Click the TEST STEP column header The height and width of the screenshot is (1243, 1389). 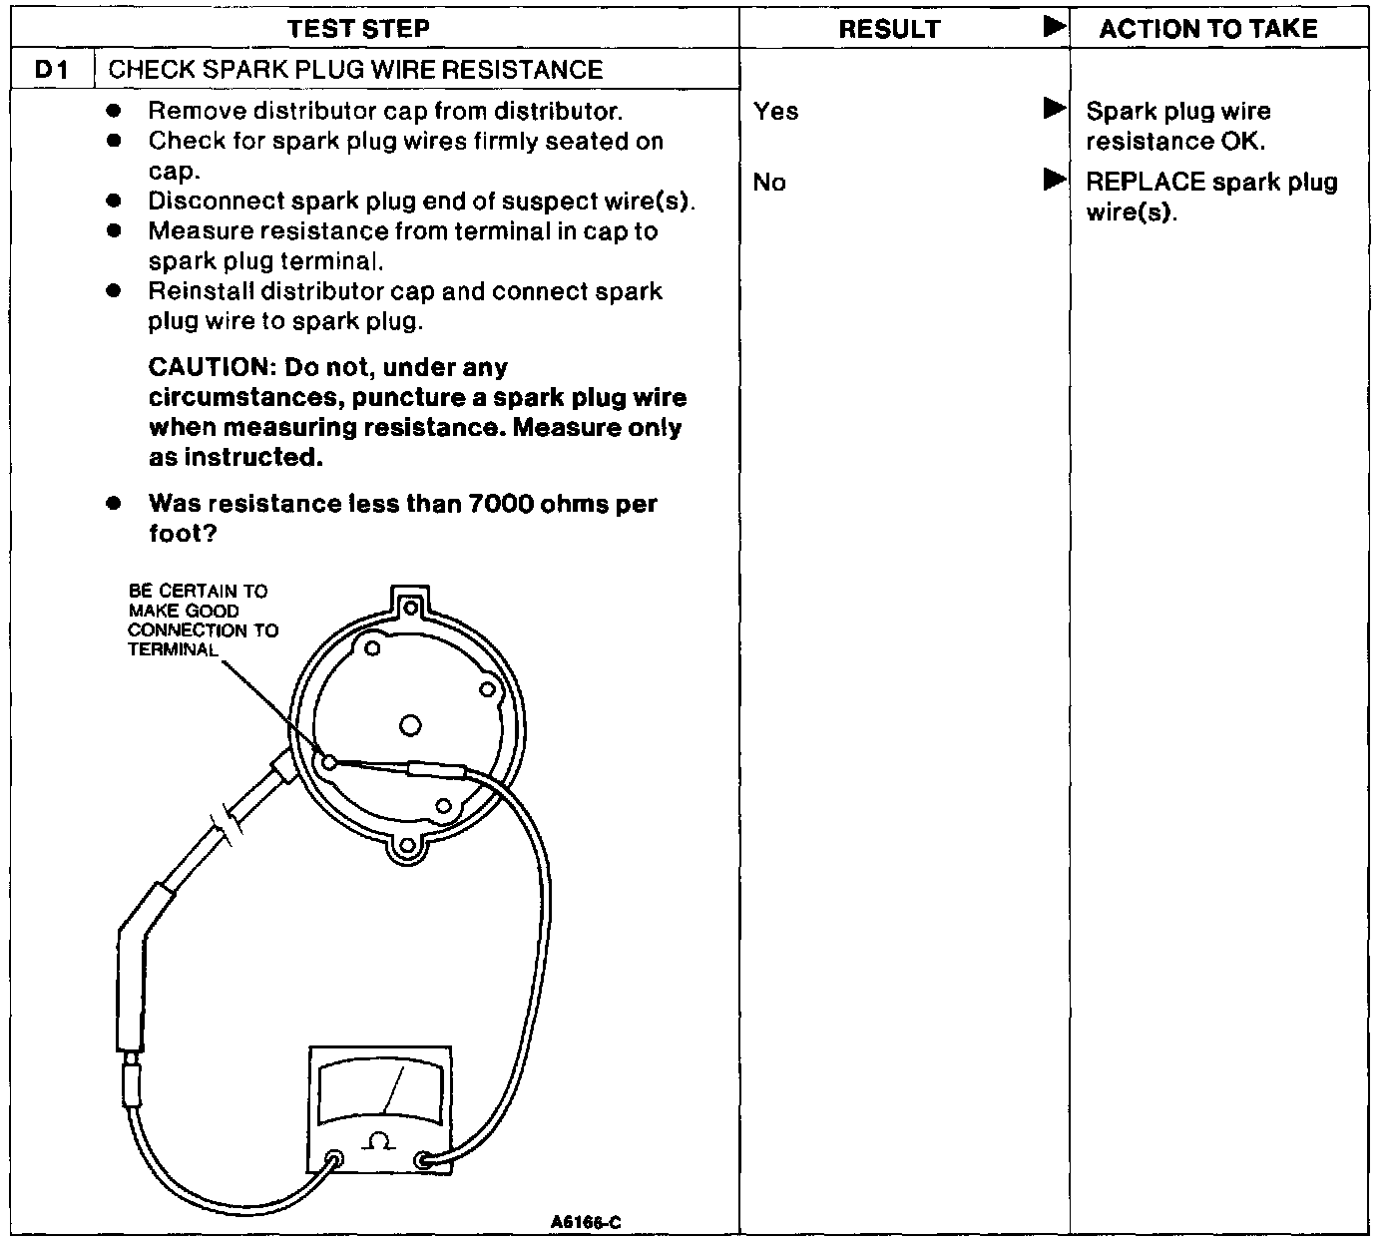point(359,28)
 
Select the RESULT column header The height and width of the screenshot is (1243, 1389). point(888,29)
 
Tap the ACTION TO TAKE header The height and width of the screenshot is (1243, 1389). point(1208,28)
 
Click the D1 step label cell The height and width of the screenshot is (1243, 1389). point(52,70)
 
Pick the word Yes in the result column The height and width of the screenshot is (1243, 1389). point(775,111)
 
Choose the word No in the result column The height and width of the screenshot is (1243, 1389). point(769,183)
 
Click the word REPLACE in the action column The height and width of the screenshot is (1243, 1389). point(1146,183)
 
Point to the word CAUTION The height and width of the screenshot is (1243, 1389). point(207,368)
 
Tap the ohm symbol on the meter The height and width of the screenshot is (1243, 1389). point(379,1139)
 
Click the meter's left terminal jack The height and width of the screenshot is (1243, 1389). point(335,1160)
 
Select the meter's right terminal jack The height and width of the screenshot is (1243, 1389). point(424,1160)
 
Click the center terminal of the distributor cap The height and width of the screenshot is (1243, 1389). point(409,725)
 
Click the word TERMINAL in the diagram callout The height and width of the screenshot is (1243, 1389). point(173,649)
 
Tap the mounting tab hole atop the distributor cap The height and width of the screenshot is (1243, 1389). point(410,605)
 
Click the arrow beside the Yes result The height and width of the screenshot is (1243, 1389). point(1054,108)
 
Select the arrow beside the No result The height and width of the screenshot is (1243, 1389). point(1054,180)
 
